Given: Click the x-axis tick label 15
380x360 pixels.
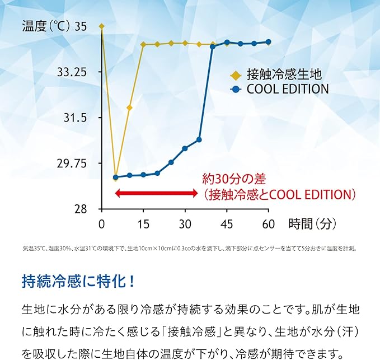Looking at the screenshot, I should tap(143, 225).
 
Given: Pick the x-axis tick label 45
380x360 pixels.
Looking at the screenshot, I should tap(227, 225).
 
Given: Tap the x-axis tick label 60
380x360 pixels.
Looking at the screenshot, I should tap(268, 225).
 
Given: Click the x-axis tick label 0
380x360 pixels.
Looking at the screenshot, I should tap(101, 225).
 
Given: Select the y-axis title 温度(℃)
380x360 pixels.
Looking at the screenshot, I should tap(45, 26).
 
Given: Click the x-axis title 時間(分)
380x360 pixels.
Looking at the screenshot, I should tap(312, 224).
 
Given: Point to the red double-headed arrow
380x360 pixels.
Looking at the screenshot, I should tap(157, 193).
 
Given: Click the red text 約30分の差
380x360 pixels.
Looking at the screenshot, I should tap(234, 179).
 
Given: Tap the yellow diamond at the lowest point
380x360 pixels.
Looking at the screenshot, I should tap(115, 179).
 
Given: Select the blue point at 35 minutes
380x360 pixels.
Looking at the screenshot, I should tap(199, 139).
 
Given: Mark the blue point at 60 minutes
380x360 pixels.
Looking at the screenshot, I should tap(269, 42).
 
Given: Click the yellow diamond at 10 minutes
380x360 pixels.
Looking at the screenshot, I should tap(129, 107).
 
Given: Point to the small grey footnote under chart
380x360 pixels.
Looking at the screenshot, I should tap(190, 248).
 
